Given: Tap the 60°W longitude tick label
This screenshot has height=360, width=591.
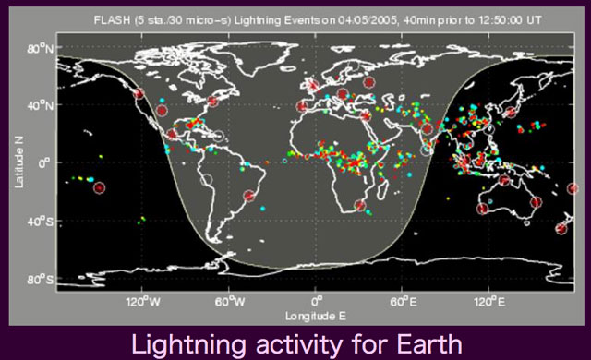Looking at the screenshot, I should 229,301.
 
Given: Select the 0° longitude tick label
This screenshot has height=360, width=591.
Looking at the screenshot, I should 316,301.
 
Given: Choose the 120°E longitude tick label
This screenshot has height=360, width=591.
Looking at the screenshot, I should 489,301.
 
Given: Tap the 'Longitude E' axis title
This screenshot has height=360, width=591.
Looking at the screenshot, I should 315,316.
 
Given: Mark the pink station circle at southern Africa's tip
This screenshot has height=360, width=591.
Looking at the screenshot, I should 361,206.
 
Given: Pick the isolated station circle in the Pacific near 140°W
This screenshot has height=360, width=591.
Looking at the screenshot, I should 100,188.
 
